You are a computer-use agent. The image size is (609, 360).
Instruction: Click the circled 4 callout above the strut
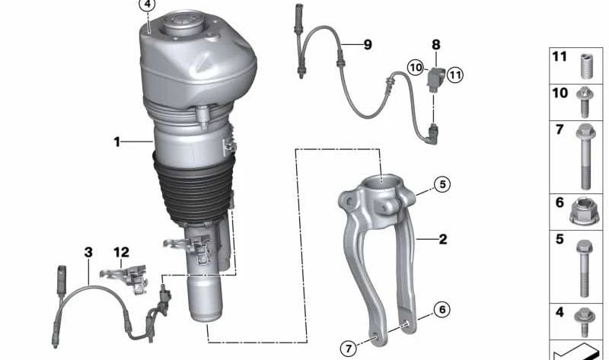(x=147, y=5)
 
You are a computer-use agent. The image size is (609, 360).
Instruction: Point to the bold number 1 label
(x=117, y=142)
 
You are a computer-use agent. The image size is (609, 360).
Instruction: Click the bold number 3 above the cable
(x=88, y=253)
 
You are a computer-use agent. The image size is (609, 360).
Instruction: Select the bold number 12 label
(x=121, y=253)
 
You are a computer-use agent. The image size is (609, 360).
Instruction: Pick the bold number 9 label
(x=368, y=45)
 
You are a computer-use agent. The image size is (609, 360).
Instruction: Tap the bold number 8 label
(x=436, y=45)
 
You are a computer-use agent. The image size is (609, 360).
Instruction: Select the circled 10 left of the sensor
(x=416, y=68)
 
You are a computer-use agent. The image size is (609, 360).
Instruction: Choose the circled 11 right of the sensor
(x=454, y=75)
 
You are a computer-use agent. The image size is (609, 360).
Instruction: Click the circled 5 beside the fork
(x=442, y=184)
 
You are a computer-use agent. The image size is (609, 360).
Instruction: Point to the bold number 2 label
(x=443, y=239)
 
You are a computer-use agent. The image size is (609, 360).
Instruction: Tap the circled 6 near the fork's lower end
(x=442, y=310)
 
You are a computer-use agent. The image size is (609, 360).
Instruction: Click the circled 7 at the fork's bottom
(x=349, y=349)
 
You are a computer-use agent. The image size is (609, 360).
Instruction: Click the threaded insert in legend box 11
(x=585, y=66)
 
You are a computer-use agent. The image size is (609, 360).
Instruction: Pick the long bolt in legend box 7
(x=585, y=157)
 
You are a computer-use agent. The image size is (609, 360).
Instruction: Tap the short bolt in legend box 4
(x=585, y=322)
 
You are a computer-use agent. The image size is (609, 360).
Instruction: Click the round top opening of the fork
(x=381, y=181)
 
